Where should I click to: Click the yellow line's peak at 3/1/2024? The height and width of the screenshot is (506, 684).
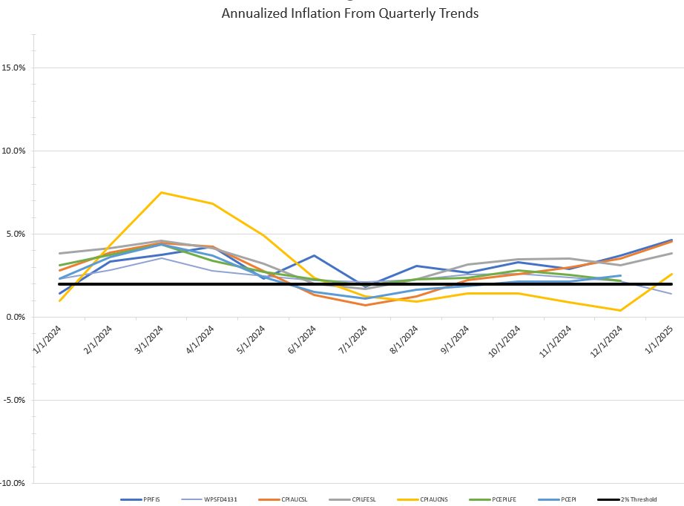pos(161,193)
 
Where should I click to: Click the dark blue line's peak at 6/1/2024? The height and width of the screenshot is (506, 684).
pos(315,255)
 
